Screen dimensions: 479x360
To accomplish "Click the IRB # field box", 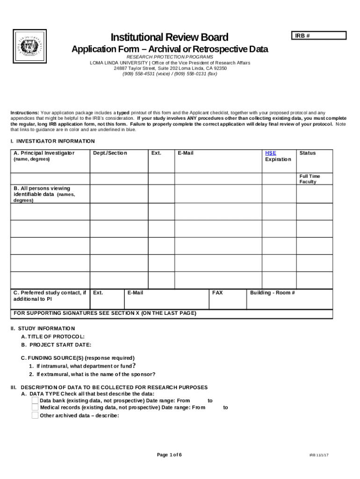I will point(318,36).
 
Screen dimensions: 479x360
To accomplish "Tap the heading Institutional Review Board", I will point(169,37).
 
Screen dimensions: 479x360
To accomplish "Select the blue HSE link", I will point(270,153).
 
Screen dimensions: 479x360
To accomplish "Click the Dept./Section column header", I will point(110,153).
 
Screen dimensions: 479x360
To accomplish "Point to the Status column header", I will point(308,153).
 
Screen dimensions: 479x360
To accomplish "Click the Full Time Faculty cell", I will point(310,179).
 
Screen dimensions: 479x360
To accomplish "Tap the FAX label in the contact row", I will point(217,293).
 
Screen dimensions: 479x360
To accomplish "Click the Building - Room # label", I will point(273,293).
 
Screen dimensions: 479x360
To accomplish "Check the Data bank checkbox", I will point(35,400).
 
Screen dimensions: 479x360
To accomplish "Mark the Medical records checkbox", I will point(35,407).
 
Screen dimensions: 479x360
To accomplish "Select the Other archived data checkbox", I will point(35,415).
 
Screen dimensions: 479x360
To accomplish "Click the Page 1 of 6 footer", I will point(169,455).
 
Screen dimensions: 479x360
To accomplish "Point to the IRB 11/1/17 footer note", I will point(319,456).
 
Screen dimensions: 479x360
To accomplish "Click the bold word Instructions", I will point(25,113).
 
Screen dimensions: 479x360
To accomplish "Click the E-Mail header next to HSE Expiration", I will point(186,153).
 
